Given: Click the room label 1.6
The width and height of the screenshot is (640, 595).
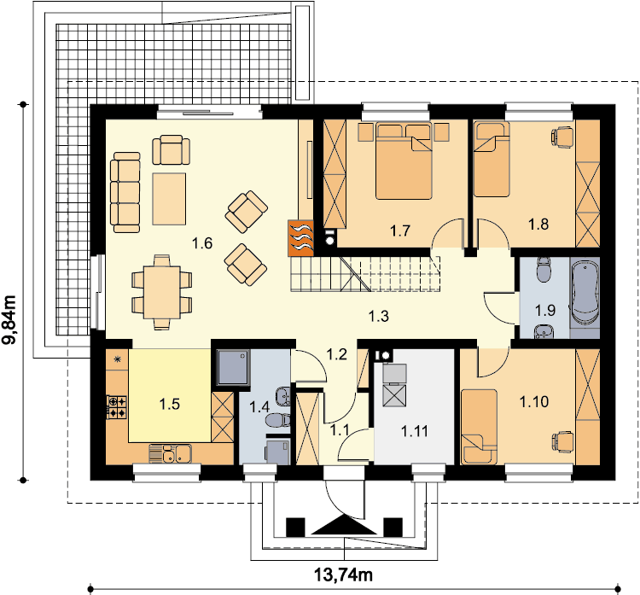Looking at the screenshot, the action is coord(202,243).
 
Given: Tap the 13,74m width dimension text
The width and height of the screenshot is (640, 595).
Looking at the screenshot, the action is coord(343,575).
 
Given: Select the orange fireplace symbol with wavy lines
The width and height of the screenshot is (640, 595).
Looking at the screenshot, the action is coord(300,238).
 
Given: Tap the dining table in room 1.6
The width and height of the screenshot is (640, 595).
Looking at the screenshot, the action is coord(161,292).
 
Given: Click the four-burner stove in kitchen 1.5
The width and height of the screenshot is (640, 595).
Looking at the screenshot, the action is coord(117,407).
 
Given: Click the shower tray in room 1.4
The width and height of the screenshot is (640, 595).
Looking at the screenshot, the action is coord(234,367).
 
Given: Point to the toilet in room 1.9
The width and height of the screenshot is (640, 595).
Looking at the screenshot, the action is coord(544,270).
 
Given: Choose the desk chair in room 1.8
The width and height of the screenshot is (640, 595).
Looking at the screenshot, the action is coord(562,135).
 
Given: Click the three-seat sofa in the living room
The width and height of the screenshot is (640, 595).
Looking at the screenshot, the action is coord(125,192).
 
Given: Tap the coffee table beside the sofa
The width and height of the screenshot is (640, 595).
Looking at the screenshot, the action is coord(169,199).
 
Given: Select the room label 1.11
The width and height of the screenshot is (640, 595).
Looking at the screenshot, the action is coord(415,431).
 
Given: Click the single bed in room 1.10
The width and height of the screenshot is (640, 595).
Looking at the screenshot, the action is coord(480,427).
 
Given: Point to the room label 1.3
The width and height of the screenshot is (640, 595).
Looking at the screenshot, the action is coord(378,316).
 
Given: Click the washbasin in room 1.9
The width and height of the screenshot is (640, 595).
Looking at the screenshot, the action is coord(544,332).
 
